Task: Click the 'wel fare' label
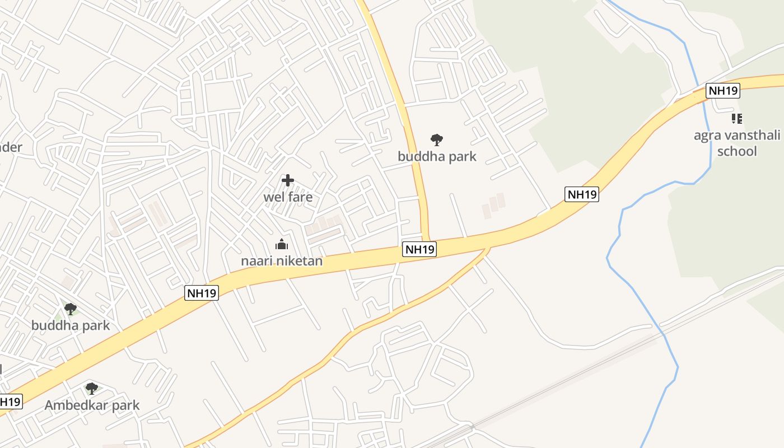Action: click(288, 197)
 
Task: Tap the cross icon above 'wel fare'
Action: click(288, 180)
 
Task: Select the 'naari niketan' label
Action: click(282, 261)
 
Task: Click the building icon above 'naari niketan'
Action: click(281, 244)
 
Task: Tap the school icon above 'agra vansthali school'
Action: click(737, 118)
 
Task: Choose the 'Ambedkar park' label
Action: click(92, 405)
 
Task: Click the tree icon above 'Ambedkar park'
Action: click(92, 388)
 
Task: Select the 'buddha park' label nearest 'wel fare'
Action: click(437, 156)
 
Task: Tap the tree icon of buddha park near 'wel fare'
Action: click(437, 139)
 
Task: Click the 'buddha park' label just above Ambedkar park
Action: click(71, 325)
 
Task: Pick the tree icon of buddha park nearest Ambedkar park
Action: click(71, 309)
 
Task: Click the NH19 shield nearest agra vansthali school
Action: click(723, 91)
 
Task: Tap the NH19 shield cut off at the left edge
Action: click(10, 402)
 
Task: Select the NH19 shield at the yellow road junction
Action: click(419, 250)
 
